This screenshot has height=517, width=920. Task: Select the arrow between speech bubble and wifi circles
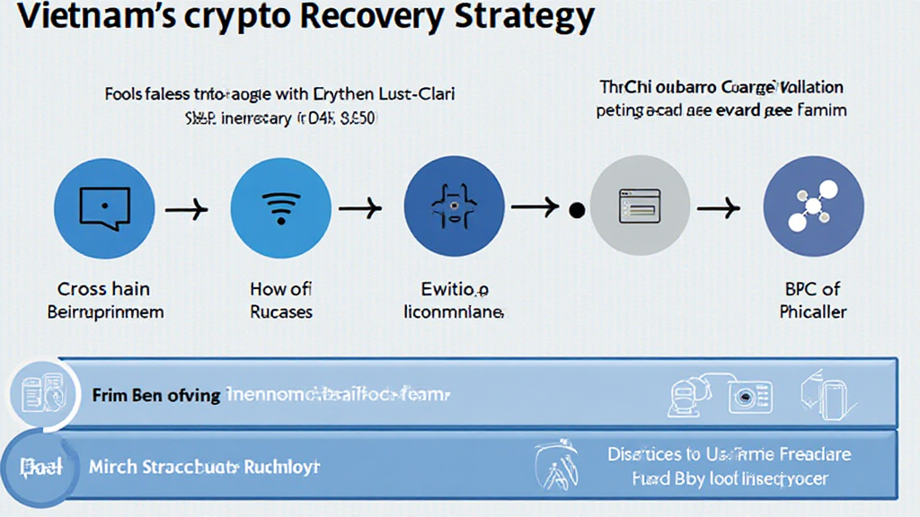pos(188,209)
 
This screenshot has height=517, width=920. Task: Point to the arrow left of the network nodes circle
pos(719,209)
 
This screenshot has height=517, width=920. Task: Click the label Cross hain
pos(104,289)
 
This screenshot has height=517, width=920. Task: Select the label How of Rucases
pos(280,301)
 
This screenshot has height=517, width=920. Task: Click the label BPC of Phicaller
pos(812,301)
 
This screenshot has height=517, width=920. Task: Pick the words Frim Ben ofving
pos(155,395)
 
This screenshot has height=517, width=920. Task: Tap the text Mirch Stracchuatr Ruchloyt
pos(204,468)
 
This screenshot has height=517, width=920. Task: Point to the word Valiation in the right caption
pos(806,88)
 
